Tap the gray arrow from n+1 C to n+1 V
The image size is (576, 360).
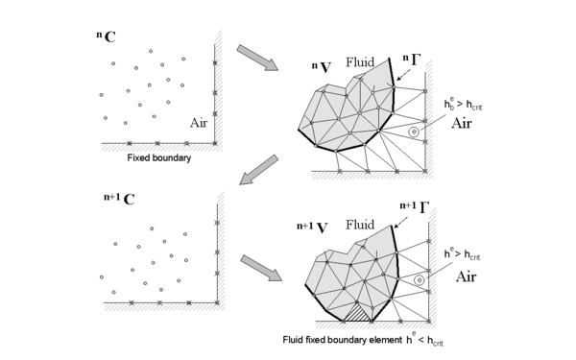click(261, 266)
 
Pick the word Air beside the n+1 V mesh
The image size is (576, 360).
click(466, 275)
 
